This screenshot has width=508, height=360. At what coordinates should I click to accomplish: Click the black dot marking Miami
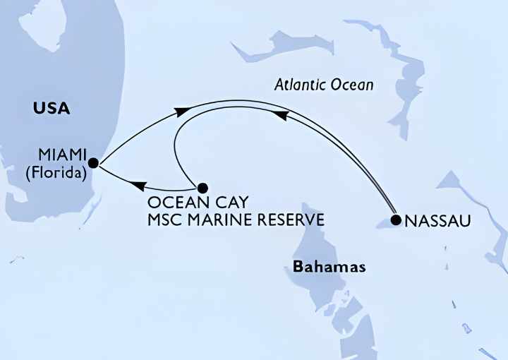coord(93,162)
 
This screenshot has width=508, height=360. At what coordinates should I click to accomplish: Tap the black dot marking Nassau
coord(395,220)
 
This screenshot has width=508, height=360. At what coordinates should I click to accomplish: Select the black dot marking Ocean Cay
coord(202,188)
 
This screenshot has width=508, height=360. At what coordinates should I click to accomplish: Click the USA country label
coord(51,109)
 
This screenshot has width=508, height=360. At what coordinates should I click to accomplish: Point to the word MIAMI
coord(63,154)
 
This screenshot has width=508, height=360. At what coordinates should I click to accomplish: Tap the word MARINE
coord(225,220)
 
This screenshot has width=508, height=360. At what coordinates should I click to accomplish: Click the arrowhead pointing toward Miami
coord(140,186)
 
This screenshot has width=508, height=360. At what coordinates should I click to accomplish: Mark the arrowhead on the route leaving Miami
coord(182,111)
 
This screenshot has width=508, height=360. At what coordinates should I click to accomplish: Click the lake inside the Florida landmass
coord(40,21)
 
